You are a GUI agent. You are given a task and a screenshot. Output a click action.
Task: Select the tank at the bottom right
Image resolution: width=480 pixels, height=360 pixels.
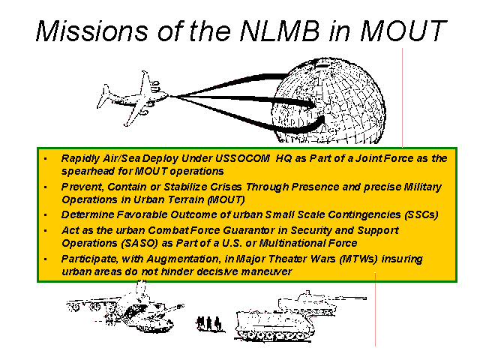pyautogui.click(x=311, y=303)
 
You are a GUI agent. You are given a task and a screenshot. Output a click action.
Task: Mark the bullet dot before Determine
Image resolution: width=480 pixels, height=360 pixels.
pyautogui.click(x=46, y=215)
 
